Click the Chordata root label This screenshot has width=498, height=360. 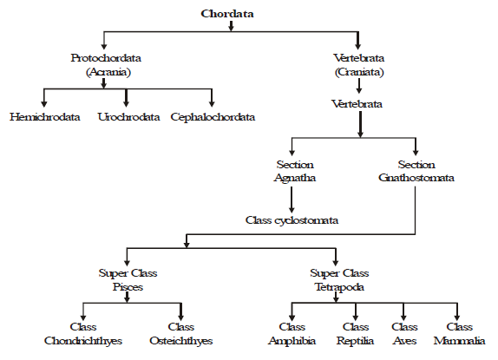pyautogui.click(x=227, y=14)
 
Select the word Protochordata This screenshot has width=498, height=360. pyautogui.click(x=106, y=58)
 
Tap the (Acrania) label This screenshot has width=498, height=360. pyautogui.click(x=108, y=72)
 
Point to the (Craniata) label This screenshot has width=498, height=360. pyautogui.click(x=359, y=72)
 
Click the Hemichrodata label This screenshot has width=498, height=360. pyautogui.click(x=45, y=117)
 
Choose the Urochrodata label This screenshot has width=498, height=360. pyautogui.click(x=128, y=117)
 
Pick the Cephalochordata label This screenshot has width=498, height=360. pyautogui.click(x=213, y=117)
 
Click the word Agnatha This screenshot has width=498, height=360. pyautogui.click(x=295, y=178)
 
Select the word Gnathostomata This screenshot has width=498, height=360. pyautogui.click(x=416, y=178)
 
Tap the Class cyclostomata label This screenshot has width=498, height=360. pyautogui.click(x=292, y=220)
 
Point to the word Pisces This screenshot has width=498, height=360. pyautogui.click(x=128, y=287)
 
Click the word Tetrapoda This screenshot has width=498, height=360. pyautogui.click(x=339, y=287)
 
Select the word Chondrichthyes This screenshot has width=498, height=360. pyautogui.click(x=83, y=341)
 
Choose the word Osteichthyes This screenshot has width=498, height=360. pyautogui.click(x=181, y=341)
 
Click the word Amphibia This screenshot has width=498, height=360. pyautogui.click(x=292, y=341)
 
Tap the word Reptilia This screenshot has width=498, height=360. pyautogui.click(x=355, y=341)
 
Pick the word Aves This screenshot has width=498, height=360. pyautogui.click(x=404, y=341)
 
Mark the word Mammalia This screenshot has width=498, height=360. pyautogui.click(x=459, y=341)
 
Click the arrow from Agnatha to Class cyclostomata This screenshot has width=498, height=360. pyautogui.click(x=292, y=200)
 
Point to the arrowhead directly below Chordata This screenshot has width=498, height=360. pyautogui.click(x=231, y=29)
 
